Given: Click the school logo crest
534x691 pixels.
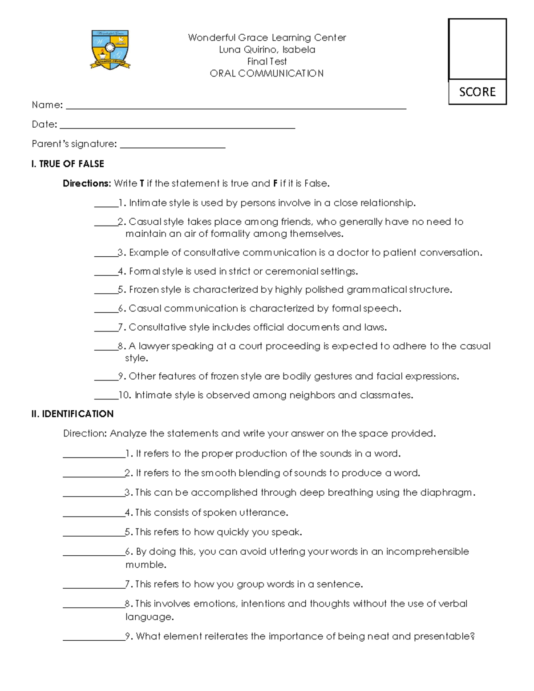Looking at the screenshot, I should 110,49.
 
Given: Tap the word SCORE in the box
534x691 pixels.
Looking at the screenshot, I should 477,92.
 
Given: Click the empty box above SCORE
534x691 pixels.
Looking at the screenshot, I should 477,49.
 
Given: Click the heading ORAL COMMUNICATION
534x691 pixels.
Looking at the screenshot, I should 267,73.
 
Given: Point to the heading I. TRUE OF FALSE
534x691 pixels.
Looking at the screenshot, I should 68,164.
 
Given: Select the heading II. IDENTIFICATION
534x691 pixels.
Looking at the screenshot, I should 73,414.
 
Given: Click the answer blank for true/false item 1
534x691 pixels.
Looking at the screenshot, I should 106,206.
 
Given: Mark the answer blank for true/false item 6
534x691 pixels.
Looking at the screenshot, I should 106,311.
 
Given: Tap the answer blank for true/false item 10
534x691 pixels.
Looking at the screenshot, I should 106,397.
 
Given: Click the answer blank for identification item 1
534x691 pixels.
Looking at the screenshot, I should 94,456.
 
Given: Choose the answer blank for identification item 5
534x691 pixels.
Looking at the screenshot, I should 94,534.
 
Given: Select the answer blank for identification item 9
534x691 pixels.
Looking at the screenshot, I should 94,639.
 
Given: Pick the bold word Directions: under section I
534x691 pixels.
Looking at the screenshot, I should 86,183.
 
